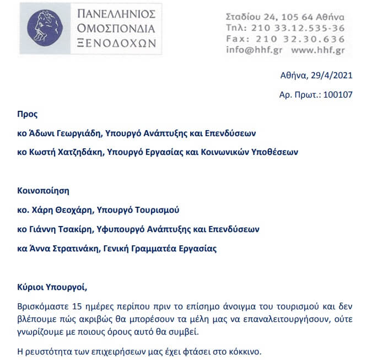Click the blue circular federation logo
point(45,28)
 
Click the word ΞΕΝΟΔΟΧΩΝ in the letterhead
point(116,43)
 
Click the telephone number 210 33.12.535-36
point(298,28)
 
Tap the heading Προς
point(28,115)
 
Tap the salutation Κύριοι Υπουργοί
point(52,287)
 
